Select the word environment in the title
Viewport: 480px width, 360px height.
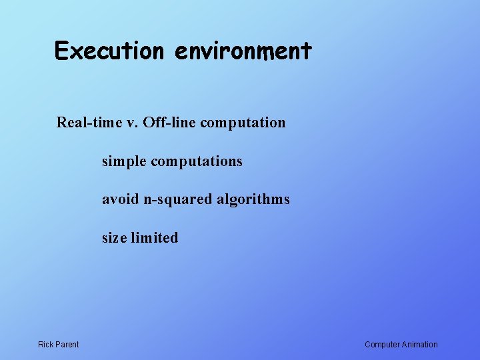pyautogui.click(x=243, y=51)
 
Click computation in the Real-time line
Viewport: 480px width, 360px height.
pyautogui.click(x=243, y=123)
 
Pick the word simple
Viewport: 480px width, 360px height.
pyautogui.click(x=124, y=161)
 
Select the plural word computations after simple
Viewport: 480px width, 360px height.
pyautogui.click(x=197, y=162)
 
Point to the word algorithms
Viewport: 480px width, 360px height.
pyautogui.click(x=252, y=199)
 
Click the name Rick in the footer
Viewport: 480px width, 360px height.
pyautogui.click(x=46, y=345)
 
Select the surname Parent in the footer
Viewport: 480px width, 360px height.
pyautogui.click(x=67, y=345)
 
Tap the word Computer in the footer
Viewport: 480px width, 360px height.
pyautogui.click(x=382, y=345)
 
